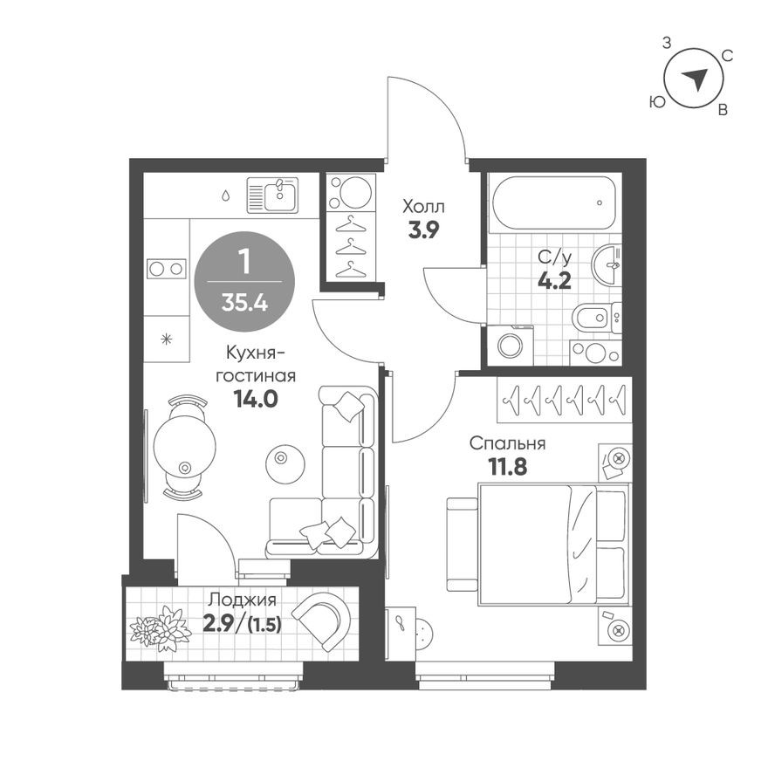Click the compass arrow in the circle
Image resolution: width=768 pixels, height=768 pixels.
pyautogui.click(x=695, y=80)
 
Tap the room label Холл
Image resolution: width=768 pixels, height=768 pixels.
pyautogui.click(x=423, y=207)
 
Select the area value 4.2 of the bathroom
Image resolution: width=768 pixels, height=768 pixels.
pyautogui.click(x=553, y=281)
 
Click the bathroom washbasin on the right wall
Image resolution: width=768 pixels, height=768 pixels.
pyautogui.click(x=607, y=264)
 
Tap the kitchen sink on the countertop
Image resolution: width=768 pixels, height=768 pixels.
pyautogui.click(x=272, y=195)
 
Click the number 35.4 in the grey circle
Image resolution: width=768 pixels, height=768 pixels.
pyautogui.click(x=244, y=303)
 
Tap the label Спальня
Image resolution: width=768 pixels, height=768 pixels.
pyautogui.click(x=507, y=443)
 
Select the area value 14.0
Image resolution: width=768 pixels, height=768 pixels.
pyautogui.click(x=255, y=399)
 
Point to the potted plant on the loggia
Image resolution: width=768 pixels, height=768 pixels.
pyautogui.click(x=161, y=627)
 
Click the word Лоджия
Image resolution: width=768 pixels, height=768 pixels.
pyautogui.click(x=242, y=600)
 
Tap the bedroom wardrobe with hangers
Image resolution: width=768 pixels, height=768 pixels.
pyautogui.click(x=564, y=400)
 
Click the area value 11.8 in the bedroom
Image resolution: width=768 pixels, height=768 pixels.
pyautogui.click(x=507, y=467)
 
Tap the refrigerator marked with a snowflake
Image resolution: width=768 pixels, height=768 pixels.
pyautogui.click(x=166, y=338)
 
